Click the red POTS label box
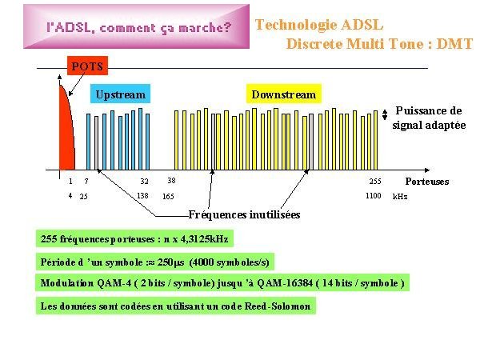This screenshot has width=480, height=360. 87,66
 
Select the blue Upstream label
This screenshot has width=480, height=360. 120,94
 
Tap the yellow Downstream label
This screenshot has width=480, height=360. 284,94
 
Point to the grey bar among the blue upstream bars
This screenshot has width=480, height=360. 97,143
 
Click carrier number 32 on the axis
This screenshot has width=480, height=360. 144,182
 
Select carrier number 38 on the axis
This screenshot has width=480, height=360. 171,181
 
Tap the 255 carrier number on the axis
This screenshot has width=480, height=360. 375,182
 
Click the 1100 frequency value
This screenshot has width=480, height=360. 373,196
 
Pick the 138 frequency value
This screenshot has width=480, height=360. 142,196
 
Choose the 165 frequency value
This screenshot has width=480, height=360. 168,196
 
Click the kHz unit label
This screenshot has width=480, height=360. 400,197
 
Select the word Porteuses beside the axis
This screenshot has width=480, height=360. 427,182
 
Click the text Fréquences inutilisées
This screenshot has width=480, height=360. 244,214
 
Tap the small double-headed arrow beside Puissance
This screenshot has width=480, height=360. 385,114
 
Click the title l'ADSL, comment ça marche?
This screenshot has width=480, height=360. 139,28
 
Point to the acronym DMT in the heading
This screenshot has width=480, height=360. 454,44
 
